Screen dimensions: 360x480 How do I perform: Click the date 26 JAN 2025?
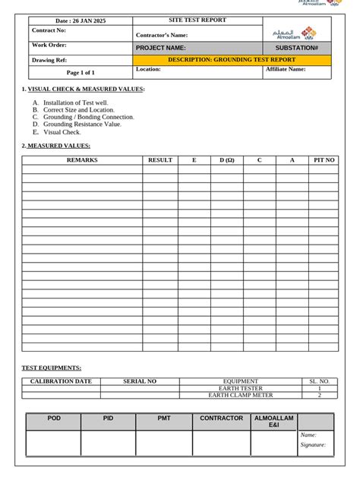(x=81, y=21)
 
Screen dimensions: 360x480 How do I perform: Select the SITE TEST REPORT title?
(x=197, y=21)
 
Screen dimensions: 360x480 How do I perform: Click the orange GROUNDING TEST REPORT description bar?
(x=232, y=59)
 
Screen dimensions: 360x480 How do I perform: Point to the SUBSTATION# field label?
(x=297, y=48)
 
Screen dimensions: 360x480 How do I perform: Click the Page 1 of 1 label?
(x=81, y=73)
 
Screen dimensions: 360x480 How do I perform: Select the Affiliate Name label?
(x=286, y=69)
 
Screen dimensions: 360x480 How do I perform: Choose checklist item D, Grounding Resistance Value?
(x=82, y=125)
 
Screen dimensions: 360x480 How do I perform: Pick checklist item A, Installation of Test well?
(x=75, y=103)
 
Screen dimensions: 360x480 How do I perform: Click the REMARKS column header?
(x=82, y=160)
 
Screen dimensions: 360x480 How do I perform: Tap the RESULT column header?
(x=160, y=160)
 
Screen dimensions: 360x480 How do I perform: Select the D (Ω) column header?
(x=227, y=160)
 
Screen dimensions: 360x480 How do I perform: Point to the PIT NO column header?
(x=324, y=160)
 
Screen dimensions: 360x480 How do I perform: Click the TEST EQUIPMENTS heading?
(x=52, y=368)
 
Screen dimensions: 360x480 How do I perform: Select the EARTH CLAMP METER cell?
(x=241, y=395)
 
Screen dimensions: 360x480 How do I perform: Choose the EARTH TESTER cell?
(x=241, y=388)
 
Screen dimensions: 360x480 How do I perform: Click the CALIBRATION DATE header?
(x=61, y=381)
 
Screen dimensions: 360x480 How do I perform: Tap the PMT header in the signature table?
(x=164, y=418)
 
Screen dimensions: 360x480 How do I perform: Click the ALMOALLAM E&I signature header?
(x=273, y=422)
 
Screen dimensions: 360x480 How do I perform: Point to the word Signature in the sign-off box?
(x=313, y=445)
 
